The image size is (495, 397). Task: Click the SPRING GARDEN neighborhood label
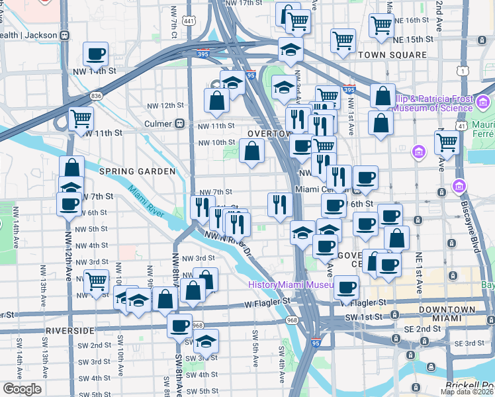137,171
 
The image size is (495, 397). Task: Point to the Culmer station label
158,124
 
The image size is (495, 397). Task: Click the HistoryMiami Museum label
291,285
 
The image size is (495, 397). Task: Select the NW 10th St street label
216,142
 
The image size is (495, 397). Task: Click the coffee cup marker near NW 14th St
95,54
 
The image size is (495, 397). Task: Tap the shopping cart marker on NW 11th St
81,118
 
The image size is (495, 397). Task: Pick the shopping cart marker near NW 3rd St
97,281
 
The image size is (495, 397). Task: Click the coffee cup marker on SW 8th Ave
179,325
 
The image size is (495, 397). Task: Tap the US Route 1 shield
461,69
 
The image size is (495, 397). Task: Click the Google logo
22,389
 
